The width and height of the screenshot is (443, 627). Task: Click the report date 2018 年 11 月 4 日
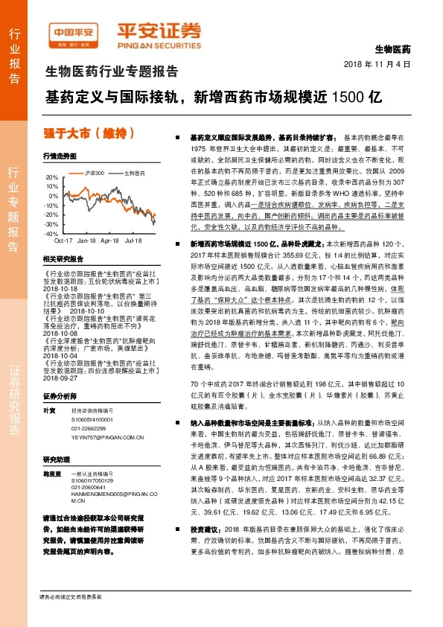(377, 65)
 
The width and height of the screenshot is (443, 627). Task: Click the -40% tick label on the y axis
(51, 233)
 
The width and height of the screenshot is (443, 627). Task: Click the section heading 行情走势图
(60, 156)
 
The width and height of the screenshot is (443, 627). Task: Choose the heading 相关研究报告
(63, 258)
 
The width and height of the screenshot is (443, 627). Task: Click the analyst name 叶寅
(49, 410)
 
